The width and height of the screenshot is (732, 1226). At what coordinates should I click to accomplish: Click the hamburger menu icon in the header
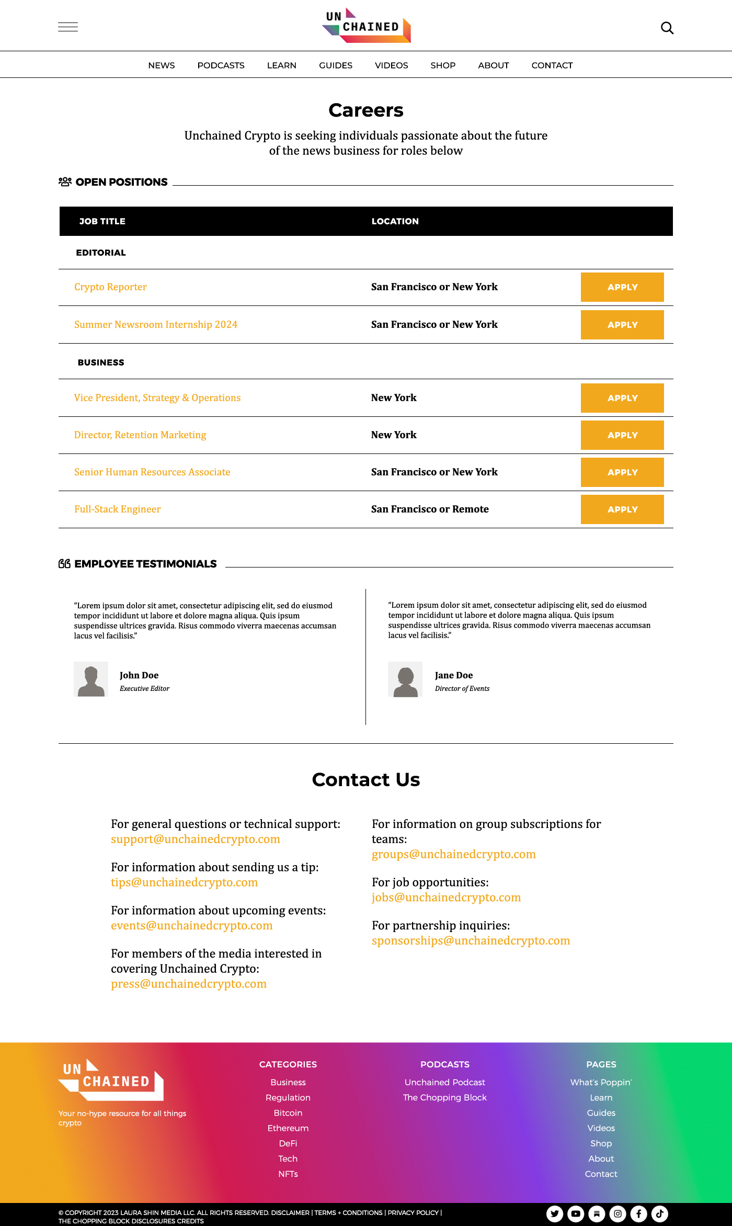click(x=68, y=27)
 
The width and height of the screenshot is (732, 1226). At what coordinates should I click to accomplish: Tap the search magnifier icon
click(x=667, y=28)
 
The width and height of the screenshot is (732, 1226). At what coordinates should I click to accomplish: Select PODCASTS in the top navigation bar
click(x=221, y=65)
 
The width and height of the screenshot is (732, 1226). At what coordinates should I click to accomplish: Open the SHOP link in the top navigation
click(x=443, y=65)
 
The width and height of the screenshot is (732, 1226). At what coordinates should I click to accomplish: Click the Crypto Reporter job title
click(x=110, y=287)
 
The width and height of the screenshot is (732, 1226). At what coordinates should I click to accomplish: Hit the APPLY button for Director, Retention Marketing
click(x=622, y=435)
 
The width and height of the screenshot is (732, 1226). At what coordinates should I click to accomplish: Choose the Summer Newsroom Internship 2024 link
click(x=156, y=325)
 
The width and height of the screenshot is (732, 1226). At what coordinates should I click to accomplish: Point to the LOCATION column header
click(x=395, y=221)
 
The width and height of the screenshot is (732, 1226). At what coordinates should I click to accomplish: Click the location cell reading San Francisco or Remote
click(x=430, y=509)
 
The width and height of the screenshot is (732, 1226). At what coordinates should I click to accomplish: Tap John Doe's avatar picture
click(x=91, y=679)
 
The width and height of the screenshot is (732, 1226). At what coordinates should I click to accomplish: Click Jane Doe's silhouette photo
click(x=405, y=679)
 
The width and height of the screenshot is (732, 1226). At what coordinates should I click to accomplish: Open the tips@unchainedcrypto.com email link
click(x=184, y=882)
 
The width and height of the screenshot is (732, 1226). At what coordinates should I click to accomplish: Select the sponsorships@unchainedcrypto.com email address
click(x=471, y=940)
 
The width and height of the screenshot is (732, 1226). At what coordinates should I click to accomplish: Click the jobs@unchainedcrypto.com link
click(x=446, y=898)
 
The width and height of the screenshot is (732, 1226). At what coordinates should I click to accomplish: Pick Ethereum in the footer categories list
click(x=288, y=1128)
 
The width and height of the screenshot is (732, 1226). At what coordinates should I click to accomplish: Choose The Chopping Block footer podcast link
click(x=444, y=1097)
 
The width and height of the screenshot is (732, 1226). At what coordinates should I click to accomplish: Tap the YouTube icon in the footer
click(x=576, y=1213)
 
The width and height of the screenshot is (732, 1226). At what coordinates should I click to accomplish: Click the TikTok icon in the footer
click(x=659, y=1213)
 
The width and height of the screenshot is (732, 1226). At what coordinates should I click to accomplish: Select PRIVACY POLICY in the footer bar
click(x=413, y=1212)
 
